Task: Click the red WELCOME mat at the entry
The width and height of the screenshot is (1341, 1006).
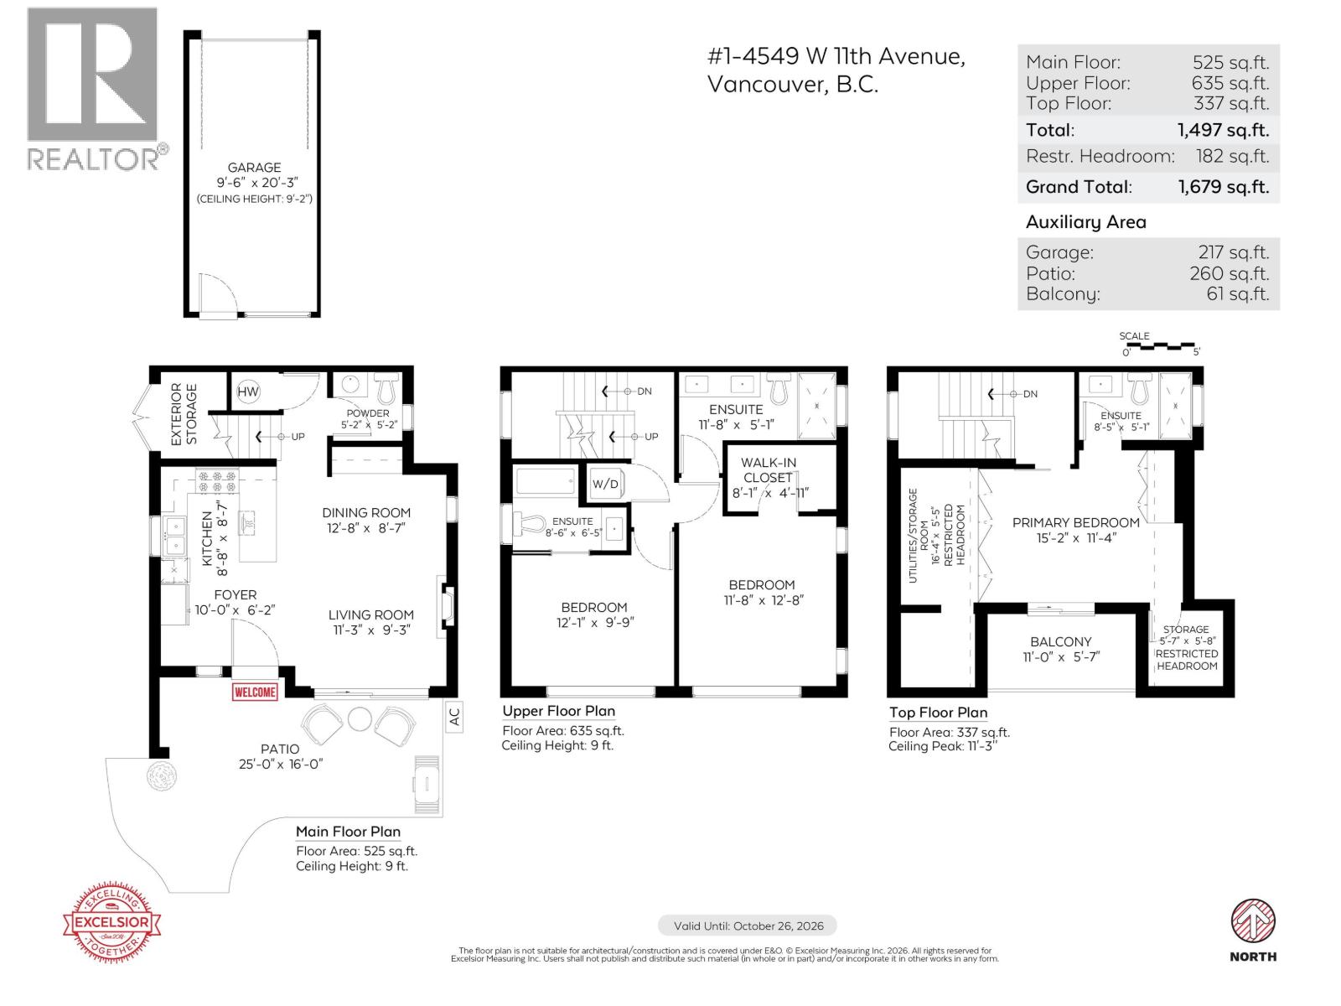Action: tap(255, 692)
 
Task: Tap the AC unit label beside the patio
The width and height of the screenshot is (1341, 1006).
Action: tap(453, 717)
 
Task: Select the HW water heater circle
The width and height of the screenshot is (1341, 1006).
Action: tap(248, 392)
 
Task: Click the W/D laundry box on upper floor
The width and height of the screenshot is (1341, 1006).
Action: tap(605, 484)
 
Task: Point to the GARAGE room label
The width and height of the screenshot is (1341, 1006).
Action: tap(254, 168)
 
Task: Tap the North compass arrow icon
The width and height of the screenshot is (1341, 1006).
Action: tap(1253, 921)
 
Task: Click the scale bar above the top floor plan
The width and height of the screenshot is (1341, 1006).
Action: tap(1161, 345)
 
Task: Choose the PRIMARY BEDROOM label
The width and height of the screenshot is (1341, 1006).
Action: tap(1075, 522)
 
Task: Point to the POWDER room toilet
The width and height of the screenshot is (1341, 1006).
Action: tap(386, 389)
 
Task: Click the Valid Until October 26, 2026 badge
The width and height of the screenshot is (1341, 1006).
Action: tap(748, 926)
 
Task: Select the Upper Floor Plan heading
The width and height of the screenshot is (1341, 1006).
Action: tap(558, 711)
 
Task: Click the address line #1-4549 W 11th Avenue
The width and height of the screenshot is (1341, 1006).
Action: tap(836, 56)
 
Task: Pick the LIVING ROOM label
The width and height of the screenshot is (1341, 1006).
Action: tap(370, 614)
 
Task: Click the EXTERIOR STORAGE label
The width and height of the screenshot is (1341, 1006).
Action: tap(184, 414)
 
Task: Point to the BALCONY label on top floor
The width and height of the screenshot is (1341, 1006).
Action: tap(1060, 641)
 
